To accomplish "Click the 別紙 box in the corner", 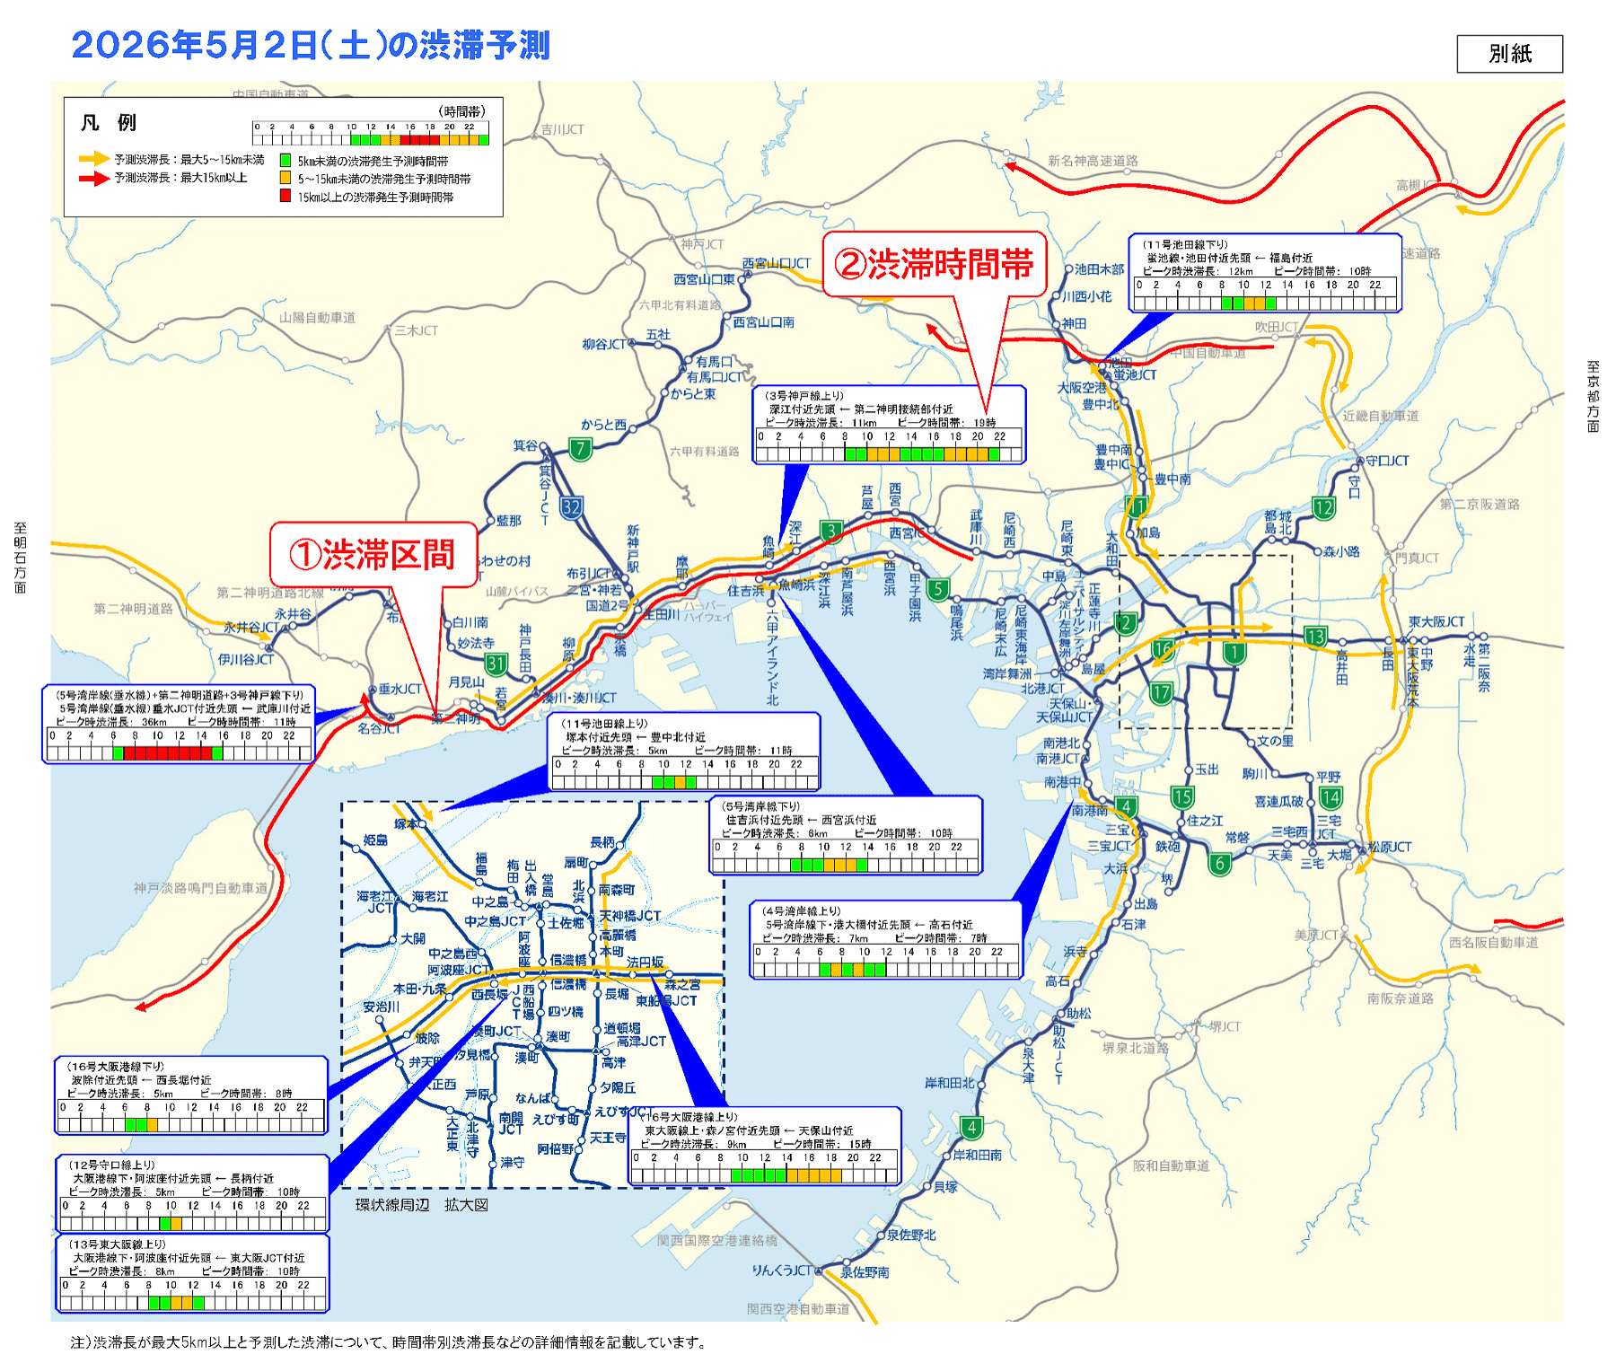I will coord(1509,54).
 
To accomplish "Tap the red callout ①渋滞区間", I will coord(373,555).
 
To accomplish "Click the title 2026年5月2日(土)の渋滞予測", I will coord(310,45).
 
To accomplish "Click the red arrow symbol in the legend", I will coord(93,178).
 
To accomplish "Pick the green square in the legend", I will coord(285,161).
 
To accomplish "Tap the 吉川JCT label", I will coord(562,129).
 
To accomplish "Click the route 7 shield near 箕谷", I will coord(581,448).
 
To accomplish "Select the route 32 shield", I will coord(571,507).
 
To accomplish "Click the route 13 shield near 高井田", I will coord(1315,637).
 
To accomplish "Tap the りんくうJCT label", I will coord(781,1271).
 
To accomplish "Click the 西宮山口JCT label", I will coord(777,263).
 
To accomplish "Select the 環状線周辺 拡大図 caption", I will coord(421,1205).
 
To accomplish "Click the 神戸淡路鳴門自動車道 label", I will coord(200,888).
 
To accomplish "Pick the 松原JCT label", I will coord(1389,847).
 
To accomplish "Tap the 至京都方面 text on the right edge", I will coord(1593,397).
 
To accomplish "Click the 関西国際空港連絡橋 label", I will coord(717,1240).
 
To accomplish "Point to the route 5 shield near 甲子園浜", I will coord(937,589).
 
